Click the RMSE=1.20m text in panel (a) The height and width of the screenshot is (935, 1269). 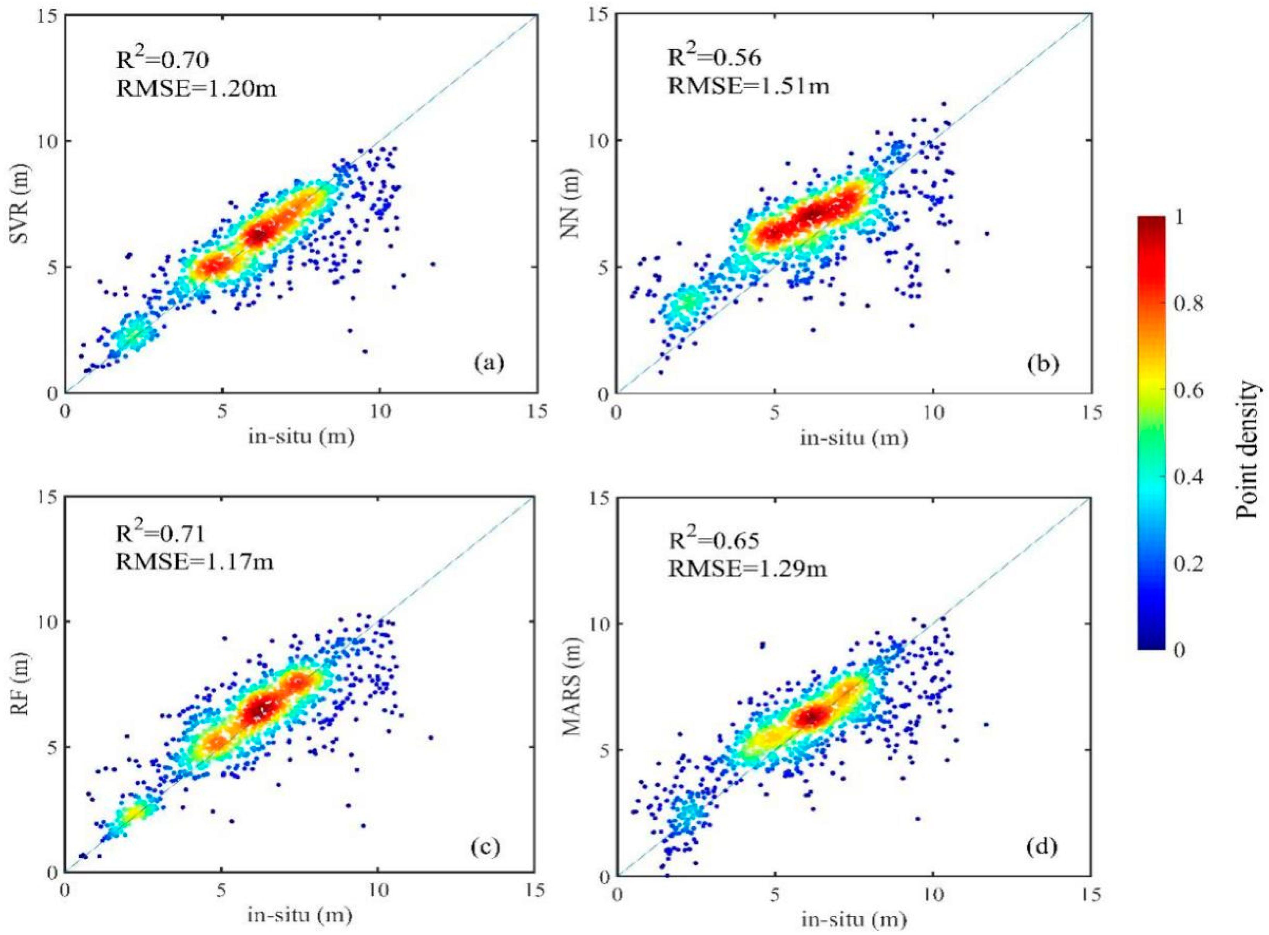coord(196,88)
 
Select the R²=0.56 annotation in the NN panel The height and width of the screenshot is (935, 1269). coord(715,58)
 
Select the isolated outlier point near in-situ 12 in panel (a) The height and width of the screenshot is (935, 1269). coord(433,264)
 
